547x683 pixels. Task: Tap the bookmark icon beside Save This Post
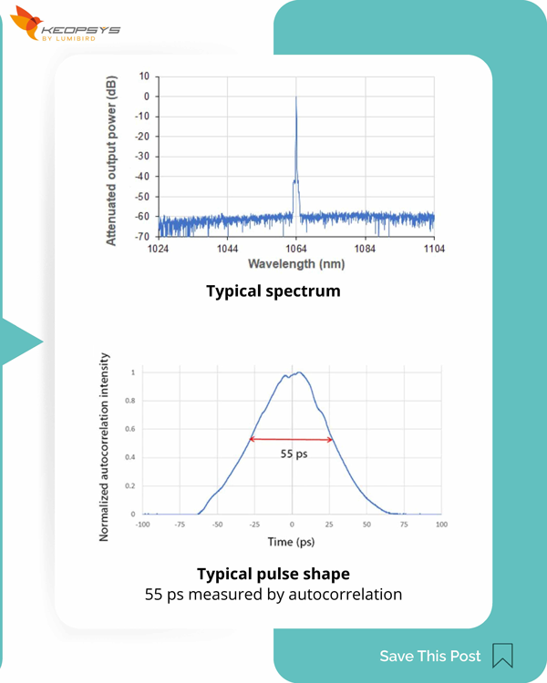(502, 656)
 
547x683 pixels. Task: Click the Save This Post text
(429, 656)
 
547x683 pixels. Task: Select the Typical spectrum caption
(273, 291)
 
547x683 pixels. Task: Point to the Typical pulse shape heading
(273, 574)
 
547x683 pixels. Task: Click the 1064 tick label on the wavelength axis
(296, 249)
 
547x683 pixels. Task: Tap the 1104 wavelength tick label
(434, 249)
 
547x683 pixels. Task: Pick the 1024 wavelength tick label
(159, 249)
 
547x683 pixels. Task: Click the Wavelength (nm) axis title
(296, 263)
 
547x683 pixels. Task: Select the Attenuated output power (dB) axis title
(111, 159)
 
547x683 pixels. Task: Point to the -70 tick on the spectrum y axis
(143, 237)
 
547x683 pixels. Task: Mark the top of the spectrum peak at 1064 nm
(296, 97)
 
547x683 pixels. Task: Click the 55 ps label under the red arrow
(293, 454)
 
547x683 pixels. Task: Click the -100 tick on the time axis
(143, 525)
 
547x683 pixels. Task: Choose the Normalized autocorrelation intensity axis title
(105, 446)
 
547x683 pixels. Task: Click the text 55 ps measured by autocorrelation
(273, 595)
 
